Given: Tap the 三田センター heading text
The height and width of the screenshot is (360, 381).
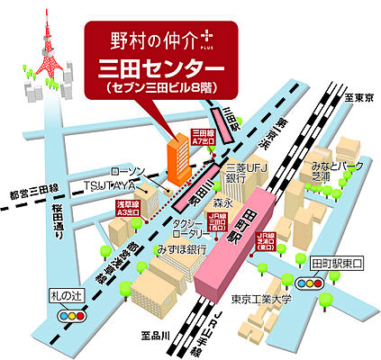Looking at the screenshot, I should (x=161, y=69).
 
